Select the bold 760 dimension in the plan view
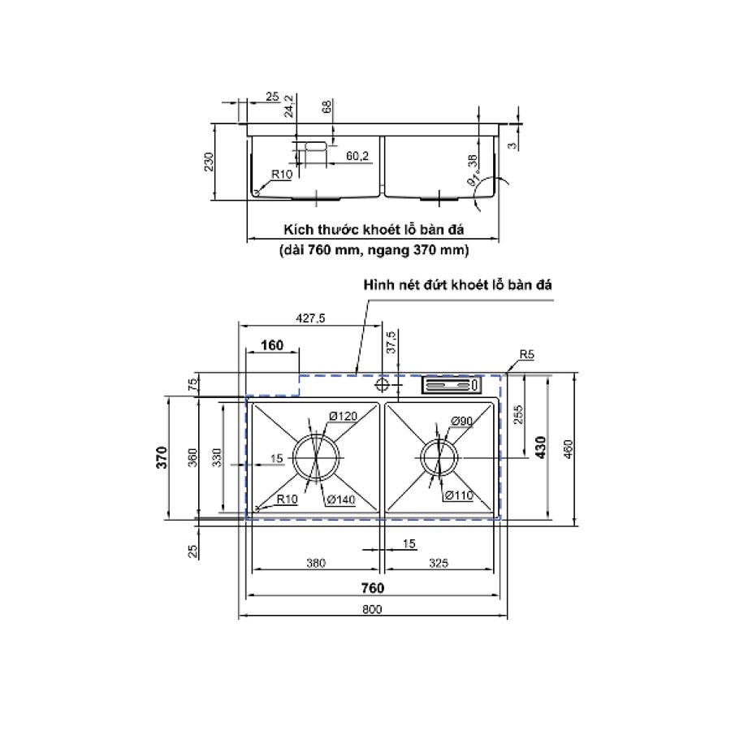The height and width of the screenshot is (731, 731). pyautogui.click(x=373, y=588)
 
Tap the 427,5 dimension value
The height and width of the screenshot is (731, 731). pyautogui.click(x=310, y=318)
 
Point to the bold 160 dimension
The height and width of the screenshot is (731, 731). pyautogui.click(x=272, y=345)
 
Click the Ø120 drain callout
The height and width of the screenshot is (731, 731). pyautogui.click(x=343, y=416)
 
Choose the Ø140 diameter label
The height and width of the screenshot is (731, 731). pyautogui.click(x=341, y=500)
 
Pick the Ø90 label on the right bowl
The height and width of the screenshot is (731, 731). pyautogui.click(x=461, y=421)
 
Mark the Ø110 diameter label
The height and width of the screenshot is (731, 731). pyautogui.click(x=459, y=495)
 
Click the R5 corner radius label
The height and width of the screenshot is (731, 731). pyautogui.click(x=526, y=354)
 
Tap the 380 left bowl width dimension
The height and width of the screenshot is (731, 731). pyautogui.click(x=316, y=563)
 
